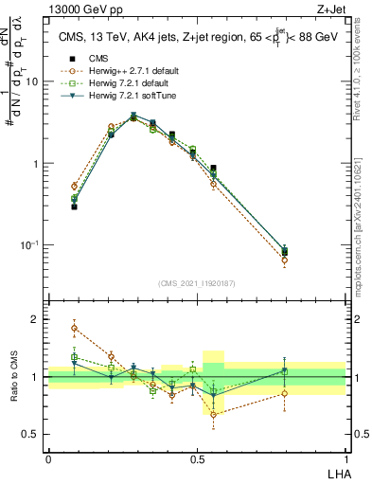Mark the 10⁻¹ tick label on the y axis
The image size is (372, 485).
coord(29,245)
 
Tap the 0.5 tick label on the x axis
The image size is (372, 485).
coord(196,459)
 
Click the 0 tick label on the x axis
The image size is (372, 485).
coord(48,459)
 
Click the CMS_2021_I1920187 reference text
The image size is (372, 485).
coord(196,283)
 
